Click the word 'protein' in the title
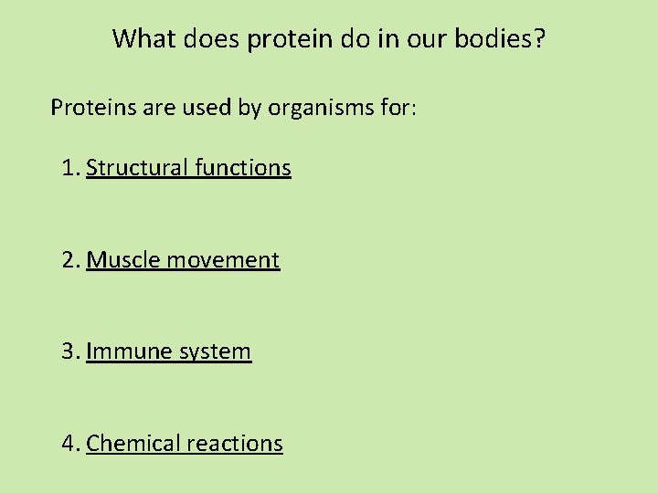283,39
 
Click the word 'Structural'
137,168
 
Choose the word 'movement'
223,260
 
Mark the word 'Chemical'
133,444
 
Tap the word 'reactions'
235,444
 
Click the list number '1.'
71,168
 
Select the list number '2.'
71,260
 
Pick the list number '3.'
71,351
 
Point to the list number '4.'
71,444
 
